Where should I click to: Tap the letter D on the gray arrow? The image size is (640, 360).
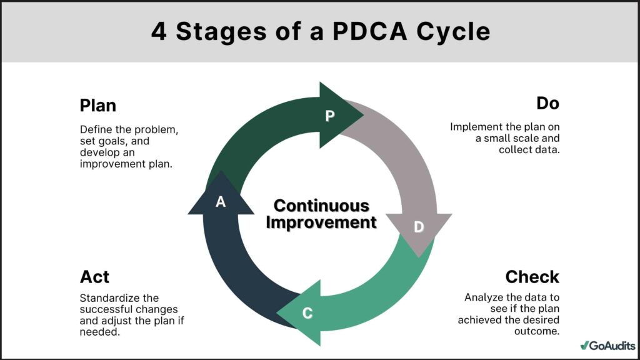coord(419,227)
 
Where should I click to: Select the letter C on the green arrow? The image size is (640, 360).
coord(307,313)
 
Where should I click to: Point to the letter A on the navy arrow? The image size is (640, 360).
coord(220,202)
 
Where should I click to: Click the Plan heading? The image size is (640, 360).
coord(98,105)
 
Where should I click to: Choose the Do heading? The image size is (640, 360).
coord(547,103)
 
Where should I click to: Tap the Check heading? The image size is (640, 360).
coord(532,276)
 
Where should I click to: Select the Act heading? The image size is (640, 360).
coord(94,276)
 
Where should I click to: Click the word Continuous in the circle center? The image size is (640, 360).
coord(321,206)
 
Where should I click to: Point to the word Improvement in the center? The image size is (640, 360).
coord(321,222)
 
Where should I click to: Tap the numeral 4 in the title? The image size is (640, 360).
coord(159,31)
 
